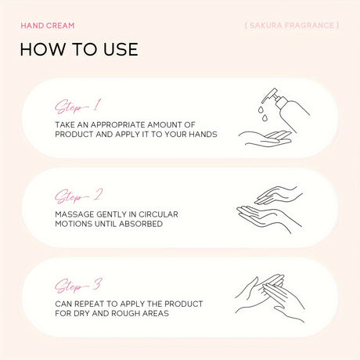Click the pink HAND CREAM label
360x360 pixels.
pos(48,26)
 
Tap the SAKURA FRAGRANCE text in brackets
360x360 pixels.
pos(292,25)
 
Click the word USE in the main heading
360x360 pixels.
pos(121,49)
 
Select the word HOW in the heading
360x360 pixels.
pos(43,49)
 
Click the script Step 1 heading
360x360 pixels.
pos(77,106)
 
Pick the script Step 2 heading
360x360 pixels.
pos(78,196)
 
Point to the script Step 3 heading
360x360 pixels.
pos(78,286)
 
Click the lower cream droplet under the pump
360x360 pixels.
pos(265,118)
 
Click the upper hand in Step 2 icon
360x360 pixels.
pos(279,195)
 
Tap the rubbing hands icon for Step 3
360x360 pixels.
pos(270,298)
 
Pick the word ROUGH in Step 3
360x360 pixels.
pos(125,313)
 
